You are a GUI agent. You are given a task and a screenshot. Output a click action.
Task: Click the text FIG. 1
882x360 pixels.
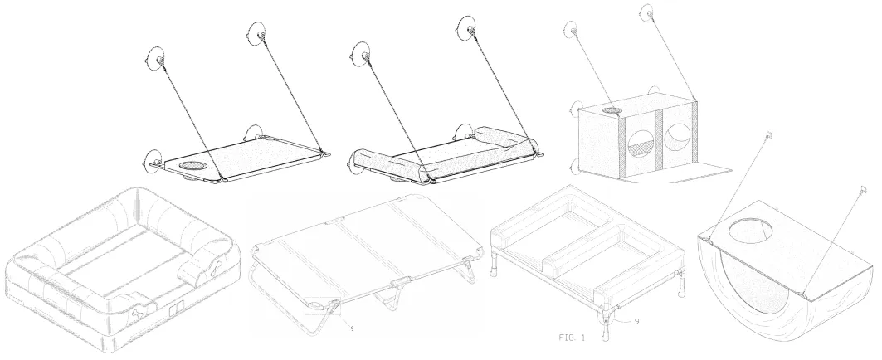[x=572, y=338]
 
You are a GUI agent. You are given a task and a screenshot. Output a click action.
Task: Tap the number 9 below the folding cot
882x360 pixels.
[x=352, y=328]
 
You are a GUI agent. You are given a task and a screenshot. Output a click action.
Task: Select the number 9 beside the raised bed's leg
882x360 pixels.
[x=636, y=322]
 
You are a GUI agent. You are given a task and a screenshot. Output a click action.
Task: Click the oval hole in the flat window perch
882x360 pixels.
[x=193, y=167]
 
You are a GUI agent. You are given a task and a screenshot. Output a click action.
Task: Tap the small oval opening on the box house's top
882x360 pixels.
[x=612, y=110]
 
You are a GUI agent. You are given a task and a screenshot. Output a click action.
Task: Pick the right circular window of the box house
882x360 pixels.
[x=679, y=139]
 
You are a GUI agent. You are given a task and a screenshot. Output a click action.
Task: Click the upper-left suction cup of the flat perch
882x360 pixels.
[x=155, y=56]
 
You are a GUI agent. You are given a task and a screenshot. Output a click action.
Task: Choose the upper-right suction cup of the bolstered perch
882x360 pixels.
[x=467, y=27]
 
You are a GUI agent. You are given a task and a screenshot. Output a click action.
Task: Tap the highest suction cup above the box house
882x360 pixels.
[x=647, y=12]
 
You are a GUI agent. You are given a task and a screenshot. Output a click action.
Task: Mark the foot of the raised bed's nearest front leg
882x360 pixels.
[x=606, y=338]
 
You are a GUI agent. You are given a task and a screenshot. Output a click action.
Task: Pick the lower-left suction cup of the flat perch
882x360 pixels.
[x=153, y=161]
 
